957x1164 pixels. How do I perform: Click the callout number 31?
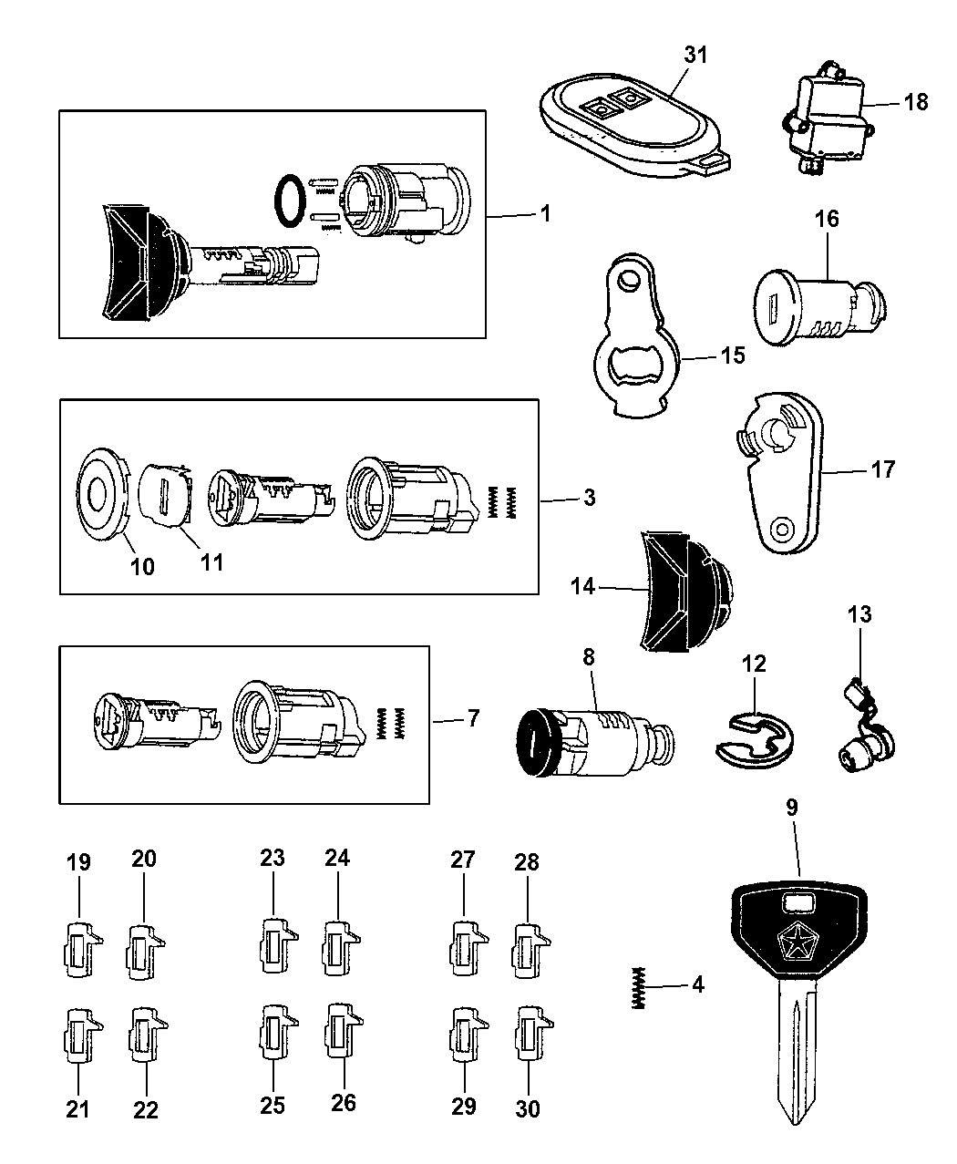pyautogui.click(x=695, y=55)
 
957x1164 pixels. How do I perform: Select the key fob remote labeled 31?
pyautogui.click(x=634, y=125)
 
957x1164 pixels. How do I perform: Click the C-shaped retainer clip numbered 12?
pyautogui.click(x=755, y=740)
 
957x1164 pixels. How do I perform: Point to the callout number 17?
pyautogui.click(x=882, y=469)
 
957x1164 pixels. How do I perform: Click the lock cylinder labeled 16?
pyautogui.click(x=820, y=308)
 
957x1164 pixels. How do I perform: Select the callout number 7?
pyautogui.click(x=473, y=718)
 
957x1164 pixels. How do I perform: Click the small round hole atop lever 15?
pyautogui.click(x=628, y=282)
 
